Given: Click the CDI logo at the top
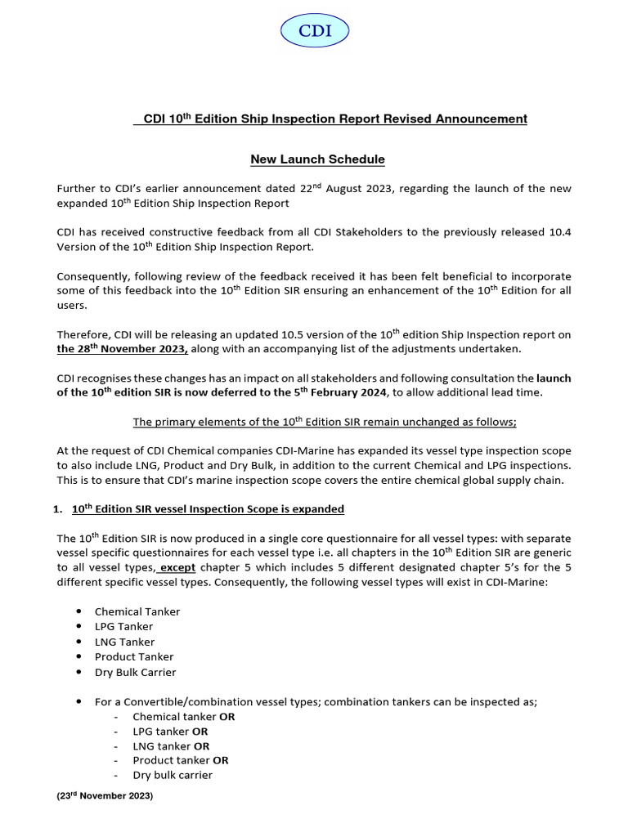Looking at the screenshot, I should pos(315,32).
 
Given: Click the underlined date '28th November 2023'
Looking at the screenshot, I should pos(122,349).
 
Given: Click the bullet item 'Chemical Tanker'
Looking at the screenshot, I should pos(137,611).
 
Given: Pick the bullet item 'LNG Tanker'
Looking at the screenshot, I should pos(124,642).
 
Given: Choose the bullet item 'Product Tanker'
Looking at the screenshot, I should pos(134,656).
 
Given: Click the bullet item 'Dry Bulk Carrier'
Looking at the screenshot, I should pos(135,672).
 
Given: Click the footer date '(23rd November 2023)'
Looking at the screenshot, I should pos(105,795).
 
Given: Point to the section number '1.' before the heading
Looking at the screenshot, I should pos(57,509).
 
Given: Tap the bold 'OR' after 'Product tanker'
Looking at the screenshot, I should pos(220,760).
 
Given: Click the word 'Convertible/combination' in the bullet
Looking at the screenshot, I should pos(186,702).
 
